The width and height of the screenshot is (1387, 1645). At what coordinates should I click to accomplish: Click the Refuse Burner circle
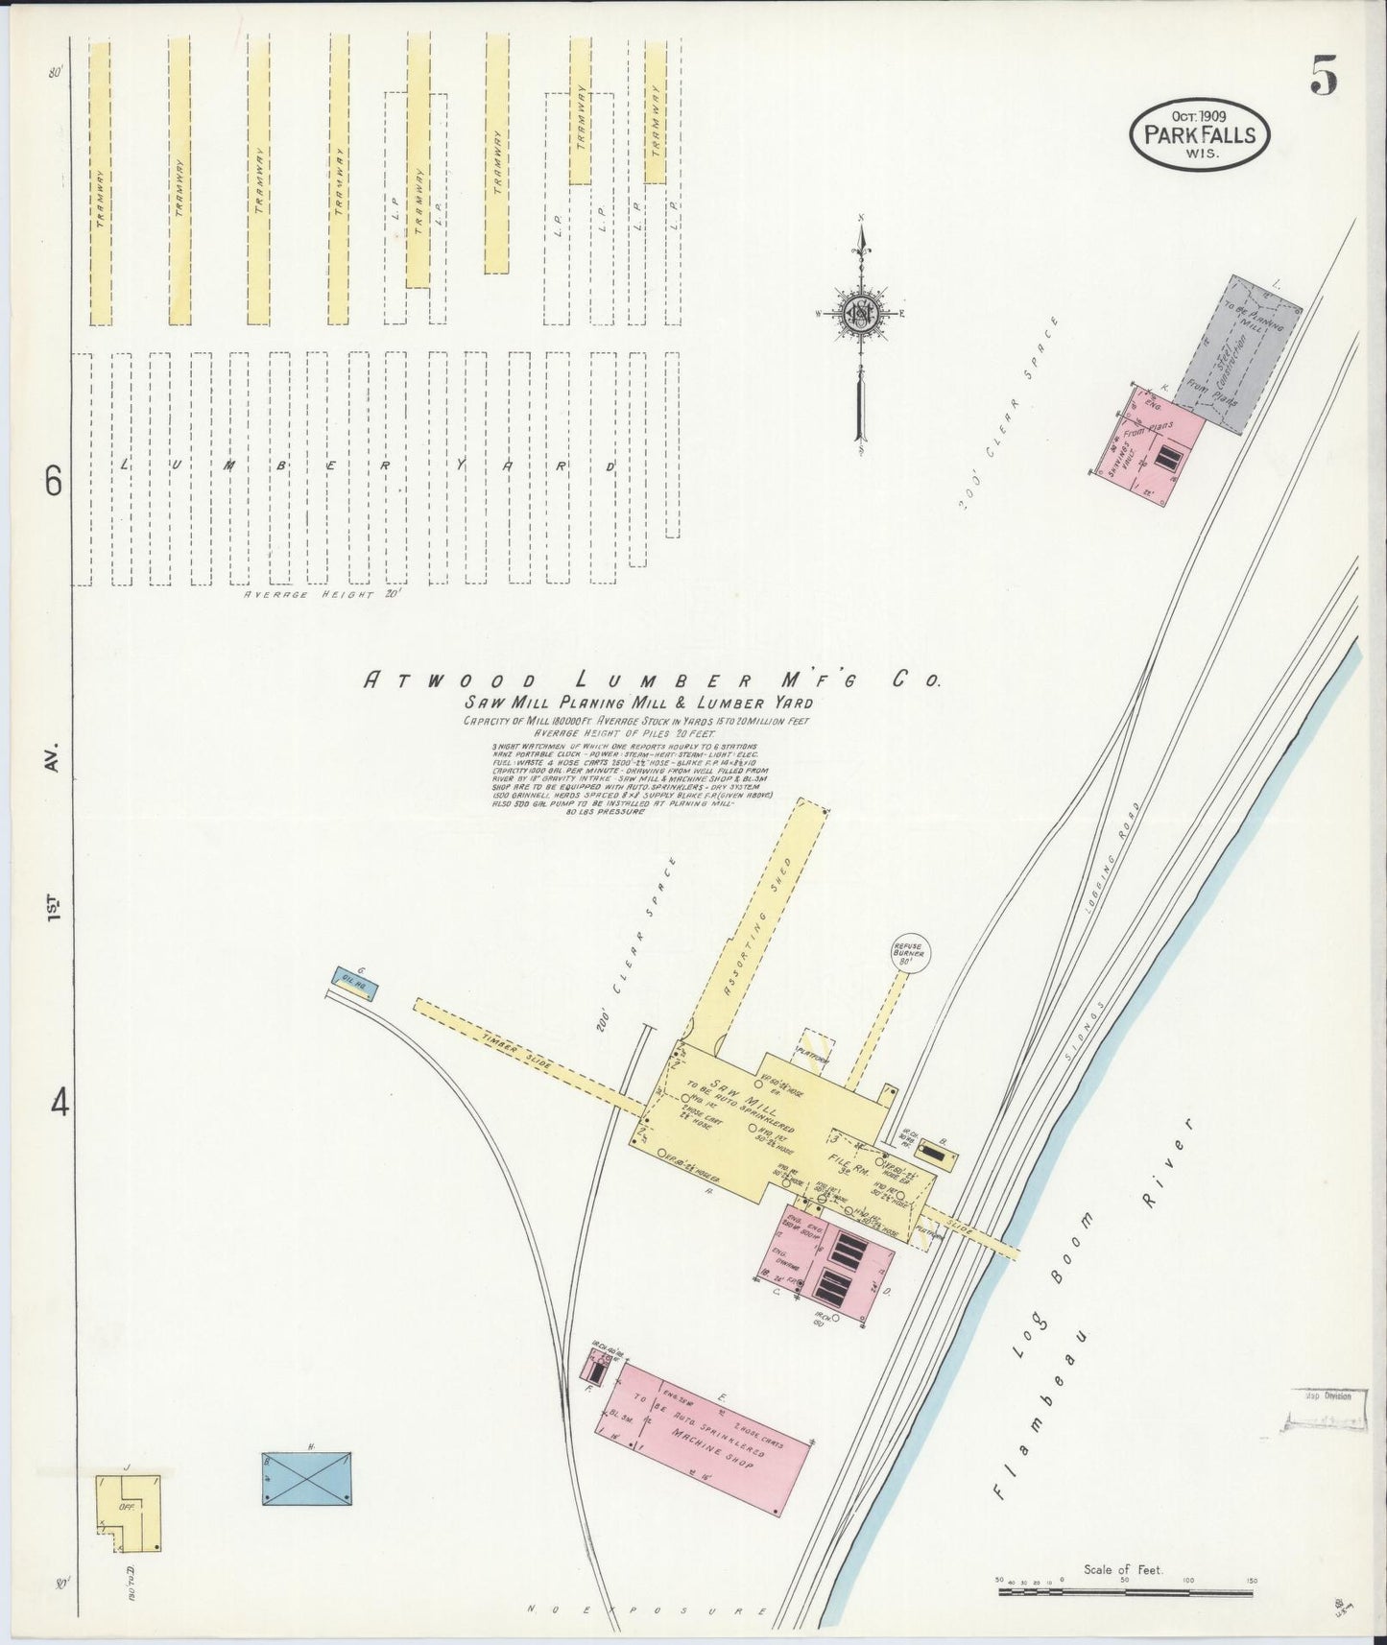pos(908,953)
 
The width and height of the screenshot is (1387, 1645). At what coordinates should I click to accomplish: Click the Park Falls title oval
pos(1199,135)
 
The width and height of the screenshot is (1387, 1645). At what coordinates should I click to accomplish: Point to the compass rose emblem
pos(861,313)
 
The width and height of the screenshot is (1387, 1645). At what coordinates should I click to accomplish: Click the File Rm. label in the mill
pos(846,1161)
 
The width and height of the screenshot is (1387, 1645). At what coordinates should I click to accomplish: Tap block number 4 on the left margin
pos(60,1105)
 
